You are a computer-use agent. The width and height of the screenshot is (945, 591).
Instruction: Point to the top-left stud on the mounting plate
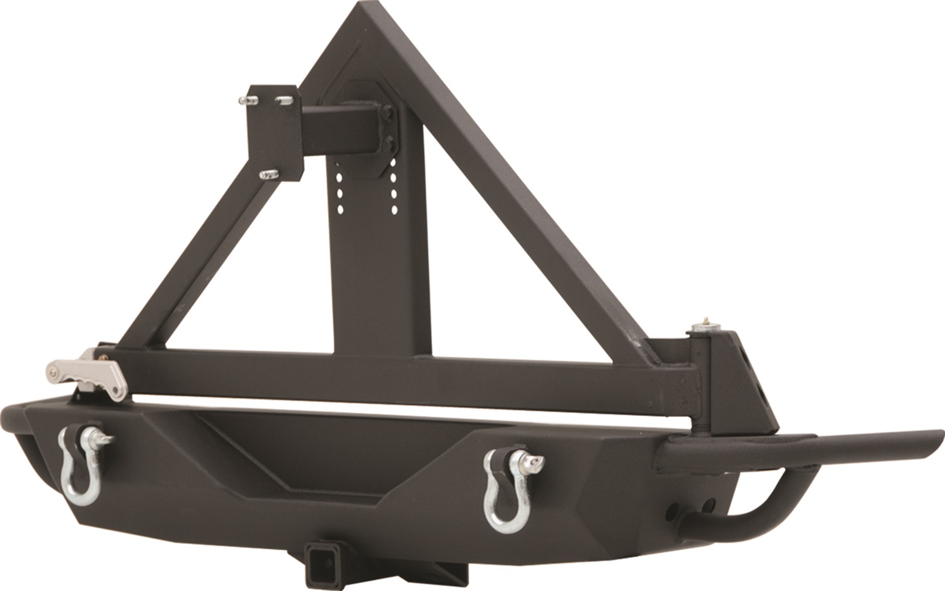tap(248, 100)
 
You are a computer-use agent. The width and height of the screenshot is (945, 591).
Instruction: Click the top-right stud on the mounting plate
tap(284, 100)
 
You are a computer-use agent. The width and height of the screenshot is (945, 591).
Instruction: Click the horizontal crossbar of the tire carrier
tap(403, 378)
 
